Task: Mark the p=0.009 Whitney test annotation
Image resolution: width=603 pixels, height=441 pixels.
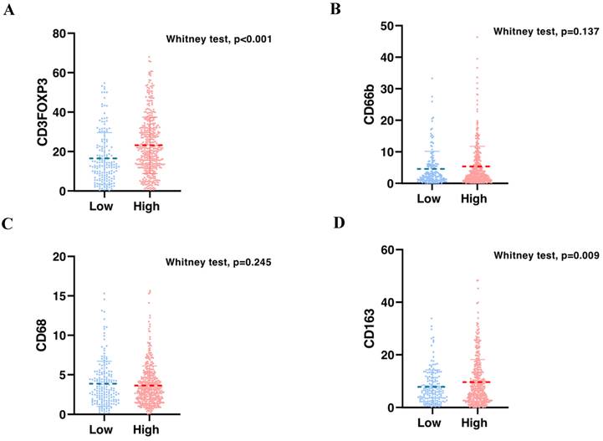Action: pos(545,255)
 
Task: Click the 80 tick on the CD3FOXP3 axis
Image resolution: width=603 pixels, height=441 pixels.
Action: pos(59,33)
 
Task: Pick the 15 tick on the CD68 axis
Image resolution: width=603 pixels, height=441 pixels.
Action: pos(59,295)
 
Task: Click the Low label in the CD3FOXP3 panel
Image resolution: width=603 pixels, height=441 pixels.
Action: pos(103,206)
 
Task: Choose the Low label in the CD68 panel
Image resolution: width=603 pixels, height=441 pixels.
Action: pos(103,429)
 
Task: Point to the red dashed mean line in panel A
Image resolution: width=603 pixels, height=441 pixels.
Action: pos(148,146)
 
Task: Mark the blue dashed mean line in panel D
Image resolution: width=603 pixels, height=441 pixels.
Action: pos(432,387)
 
